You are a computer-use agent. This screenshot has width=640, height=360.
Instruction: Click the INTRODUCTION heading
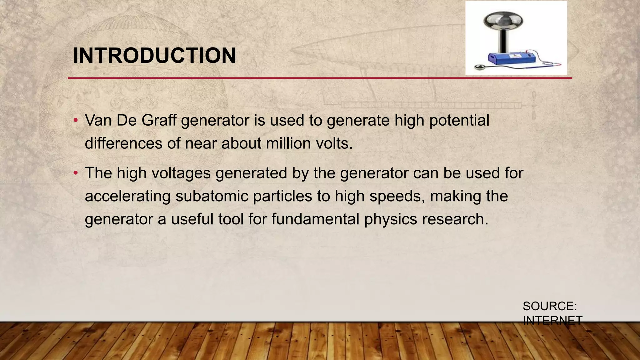tap(154, 56)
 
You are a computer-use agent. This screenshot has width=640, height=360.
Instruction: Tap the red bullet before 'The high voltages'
tap(75, 173)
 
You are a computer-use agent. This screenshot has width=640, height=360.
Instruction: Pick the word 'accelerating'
tap(127, 196)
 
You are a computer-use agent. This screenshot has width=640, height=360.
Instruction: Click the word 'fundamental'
tap(315, 219)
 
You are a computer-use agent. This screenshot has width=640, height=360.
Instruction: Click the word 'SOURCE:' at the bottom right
tap(550, 306)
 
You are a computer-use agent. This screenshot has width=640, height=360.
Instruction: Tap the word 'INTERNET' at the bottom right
tap(552, 321)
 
